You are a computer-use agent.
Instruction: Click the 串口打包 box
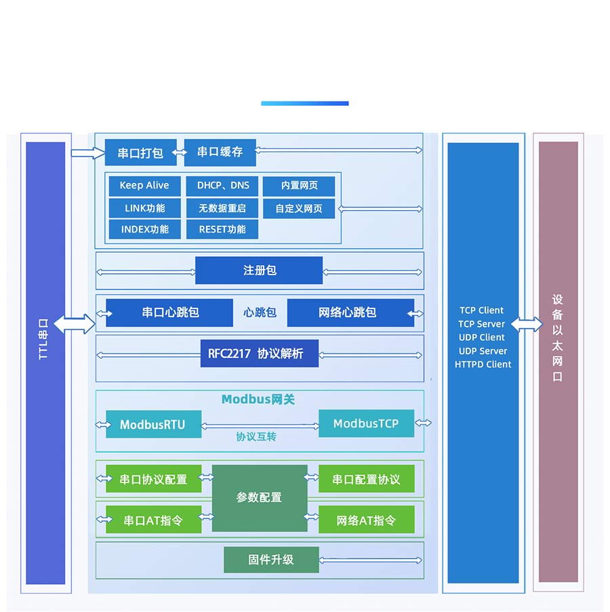click(140, 152)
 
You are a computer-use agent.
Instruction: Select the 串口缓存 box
click(220, 152)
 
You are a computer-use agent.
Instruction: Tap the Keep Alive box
click(144, 186)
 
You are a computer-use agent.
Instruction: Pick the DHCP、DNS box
click(222, 186)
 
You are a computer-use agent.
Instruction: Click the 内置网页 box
click(299, 186)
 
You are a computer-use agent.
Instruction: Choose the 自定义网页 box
click(299, 208)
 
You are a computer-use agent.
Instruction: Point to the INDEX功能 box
click(144, 229)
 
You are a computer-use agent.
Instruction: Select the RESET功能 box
click(222, 229)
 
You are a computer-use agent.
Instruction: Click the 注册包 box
click(259, 270)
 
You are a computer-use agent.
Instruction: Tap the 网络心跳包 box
click(347, 312)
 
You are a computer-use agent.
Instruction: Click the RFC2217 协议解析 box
click(259, 354)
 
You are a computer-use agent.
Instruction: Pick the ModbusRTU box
click(153, 425)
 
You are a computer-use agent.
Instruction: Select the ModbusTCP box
click(366, 424)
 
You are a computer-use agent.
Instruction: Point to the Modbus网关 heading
click(258, 400)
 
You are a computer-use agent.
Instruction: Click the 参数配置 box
click(259, 497)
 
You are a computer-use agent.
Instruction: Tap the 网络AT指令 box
click(366, 521)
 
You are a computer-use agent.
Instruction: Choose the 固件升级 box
click(271, 560)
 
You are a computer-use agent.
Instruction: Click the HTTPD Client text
click(483, 365)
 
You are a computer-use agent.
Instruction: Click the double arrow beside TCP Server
click(527, 325)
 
